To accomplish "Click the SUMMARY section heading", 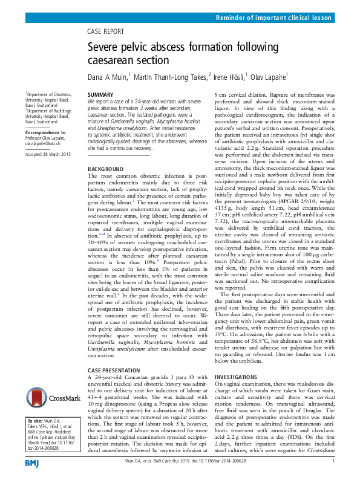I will (100, 96).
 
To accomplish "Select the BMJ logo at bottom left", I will (32, 462).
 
